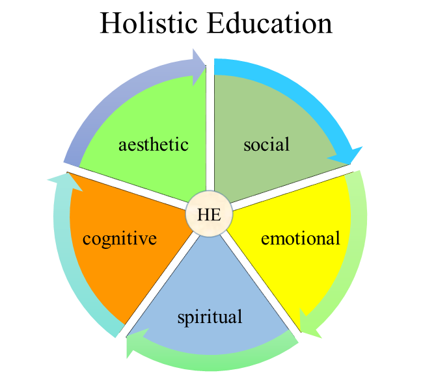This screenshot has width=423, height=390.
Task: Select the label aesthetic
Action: (154, 144)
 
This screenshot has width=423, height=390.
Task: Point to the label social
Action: (266, 144)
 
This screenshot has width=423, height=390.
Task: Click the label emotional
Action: (300, 239)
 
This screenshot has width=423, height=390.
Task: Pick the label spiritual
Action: (210, 317)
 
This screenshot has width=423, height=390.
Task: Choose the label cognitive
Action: (120, 239)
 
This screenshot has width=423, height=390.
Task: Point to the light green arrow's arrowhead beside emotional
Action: (309, 325)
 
